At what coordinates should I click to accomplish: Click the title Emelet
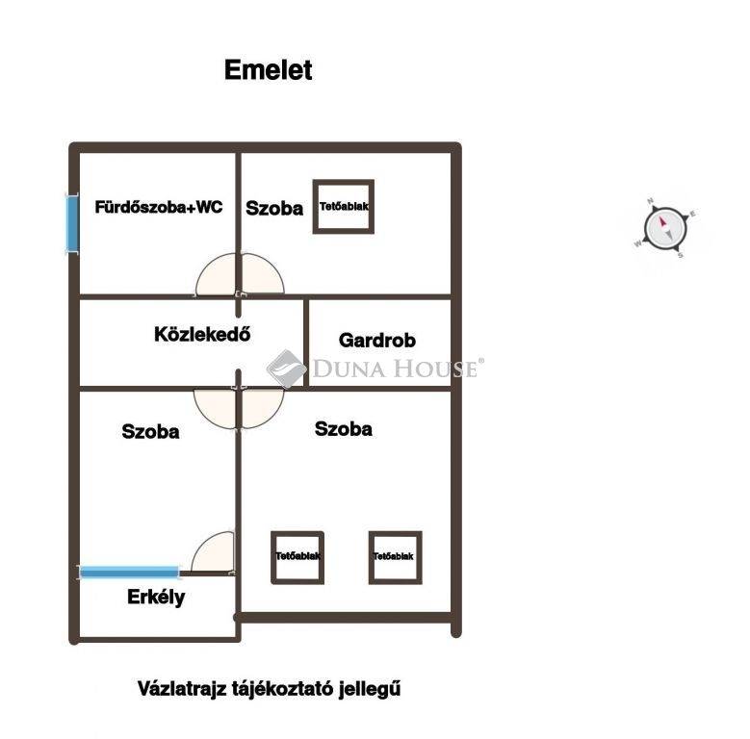click(268, 70)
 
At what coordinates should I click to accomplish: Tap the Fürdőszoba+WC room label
click(159, 207)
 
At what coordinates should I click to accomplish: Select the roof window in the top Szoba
click(344, 206)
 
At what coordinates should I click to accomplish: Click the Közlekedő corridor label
click(202, 335)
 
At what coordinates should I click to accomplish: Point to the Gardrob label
click(376, 341)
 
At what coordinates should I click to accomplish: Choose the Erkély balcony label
click(156, 598)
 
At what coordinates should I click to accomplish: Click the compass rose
click(664, 229)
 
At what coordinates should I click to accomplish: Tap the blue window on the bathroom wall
click(71, 223)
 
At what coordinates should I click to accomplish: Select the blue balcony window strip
click(129, 572)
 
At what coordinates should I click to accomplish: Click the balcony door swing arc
click(214, 553)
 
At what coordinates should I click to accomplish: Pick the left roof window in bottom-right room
click(297, 556)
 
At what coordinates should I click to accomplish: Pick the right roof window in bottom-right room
click(395, 556)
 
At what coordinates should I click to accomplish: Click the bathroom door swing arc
click(217, 276)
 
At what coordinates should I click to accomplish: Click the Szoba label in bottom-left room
click(150, 432)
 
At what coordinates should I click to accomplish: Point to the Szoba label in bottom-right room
click(343, 429)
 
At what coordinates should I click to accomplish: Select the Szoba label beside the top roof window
click(274, 208)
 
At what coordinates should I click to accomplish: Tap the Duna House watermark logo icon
click(286, 368)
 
